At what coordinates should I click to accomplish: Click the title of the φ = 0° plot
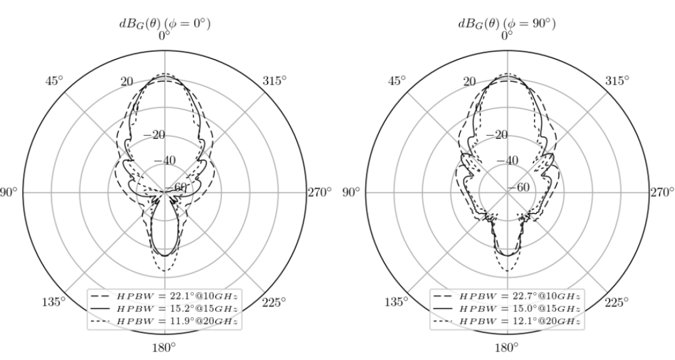[x=165, y=23]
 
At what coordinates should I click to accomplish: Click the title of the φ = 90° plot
[x=507, y=23]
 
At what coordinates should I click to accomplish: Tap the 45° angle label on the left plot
[x=54, y=81]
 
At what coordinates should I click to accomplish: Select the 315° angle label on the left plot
[x=274, y=81]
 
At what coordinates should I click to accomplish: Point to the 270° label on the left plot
[x=319, y=192]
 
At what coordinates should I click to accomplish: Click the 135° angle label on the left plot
[x=54, y=302]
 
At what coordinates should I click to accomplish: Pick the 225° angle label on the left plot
[x=274, y=302]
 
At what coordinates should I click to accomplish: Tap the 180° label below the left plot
[x=165, y=347]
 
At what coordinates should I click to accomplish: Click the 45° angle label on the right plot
[x=397, y=81]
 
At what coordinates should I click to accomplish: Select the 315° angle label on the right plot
[x=617, y=81]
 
